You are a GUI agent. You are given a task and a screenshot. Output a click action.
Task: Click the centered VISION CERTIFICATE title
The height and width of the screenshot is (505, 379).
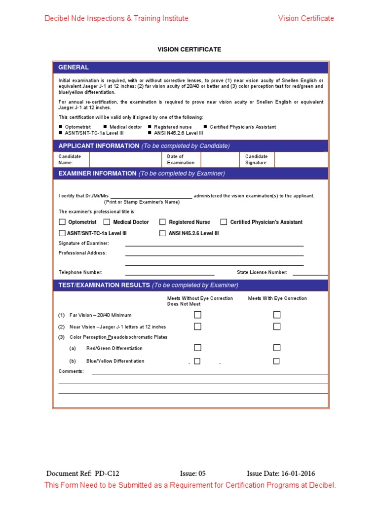(x=189, y=49)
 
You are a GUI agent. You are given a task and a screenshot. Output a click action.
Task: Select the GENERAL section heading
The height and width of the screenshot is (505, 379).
(x=74, y=68)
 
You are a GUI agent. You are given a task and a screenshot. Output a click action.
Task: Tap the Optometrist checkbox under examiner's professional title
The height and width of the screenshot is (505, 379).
(x=62, y=222)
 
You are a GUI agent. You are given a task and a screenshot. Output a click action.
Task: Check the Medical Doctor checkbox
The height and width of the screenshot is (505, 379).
(x=107, y=222)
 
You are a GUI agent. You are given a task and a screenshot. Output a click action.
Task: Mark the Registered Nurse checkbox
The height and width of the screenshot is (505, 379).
(x=162, y=222)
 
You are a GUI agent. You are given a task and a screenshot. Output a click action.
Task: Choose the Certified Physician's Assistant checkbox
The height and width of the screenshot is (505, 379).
(x=224, y=222)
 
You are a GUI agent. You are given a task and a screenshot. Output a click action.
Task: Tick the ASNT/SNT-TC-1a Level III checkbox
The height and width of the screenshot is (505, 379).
(x=62, y=233)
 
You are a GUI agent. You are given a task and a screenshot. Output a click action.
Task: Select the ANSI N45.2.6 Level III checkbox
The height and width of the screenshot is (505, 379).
(x=162, y=233)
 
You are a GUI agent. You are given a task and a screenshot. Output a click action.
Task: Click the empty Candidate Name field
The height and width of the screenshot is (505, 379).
(x=125, y=159)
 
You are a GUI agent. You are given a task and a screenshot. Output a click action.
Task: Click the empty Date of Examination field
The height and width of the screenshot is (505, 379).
(x=221, y=159)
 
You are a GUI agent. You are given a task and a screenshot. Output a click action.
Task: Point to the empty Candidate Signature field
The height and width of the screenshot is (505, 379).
(x=301, y=159)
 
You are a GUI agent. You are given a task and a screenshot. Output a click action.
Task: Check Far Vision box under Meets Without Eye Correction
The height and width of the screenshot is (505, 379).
(x=197, y=315)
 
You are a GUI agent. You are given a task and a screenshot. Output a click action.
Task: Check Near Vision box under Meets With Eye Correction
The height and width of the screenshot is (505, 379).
(x=277, y=326)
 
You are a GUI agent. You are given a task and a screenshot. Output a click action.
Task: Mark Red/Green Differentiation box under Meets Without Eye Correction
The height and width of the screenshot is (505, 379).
(x=197, y=348)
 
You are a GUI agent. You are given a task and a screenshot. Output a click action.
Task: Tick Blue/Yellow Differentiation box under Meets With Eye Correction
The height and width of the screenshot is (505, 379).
(x=276, y=361)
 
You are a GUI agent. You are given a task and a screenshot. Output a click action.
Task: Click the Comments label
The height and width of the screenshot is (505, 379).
(x=71, y=371)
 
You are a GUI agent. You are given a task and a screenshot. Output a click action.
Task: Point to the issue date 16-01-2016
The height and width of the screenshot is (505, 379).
(x=298, y=473)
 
